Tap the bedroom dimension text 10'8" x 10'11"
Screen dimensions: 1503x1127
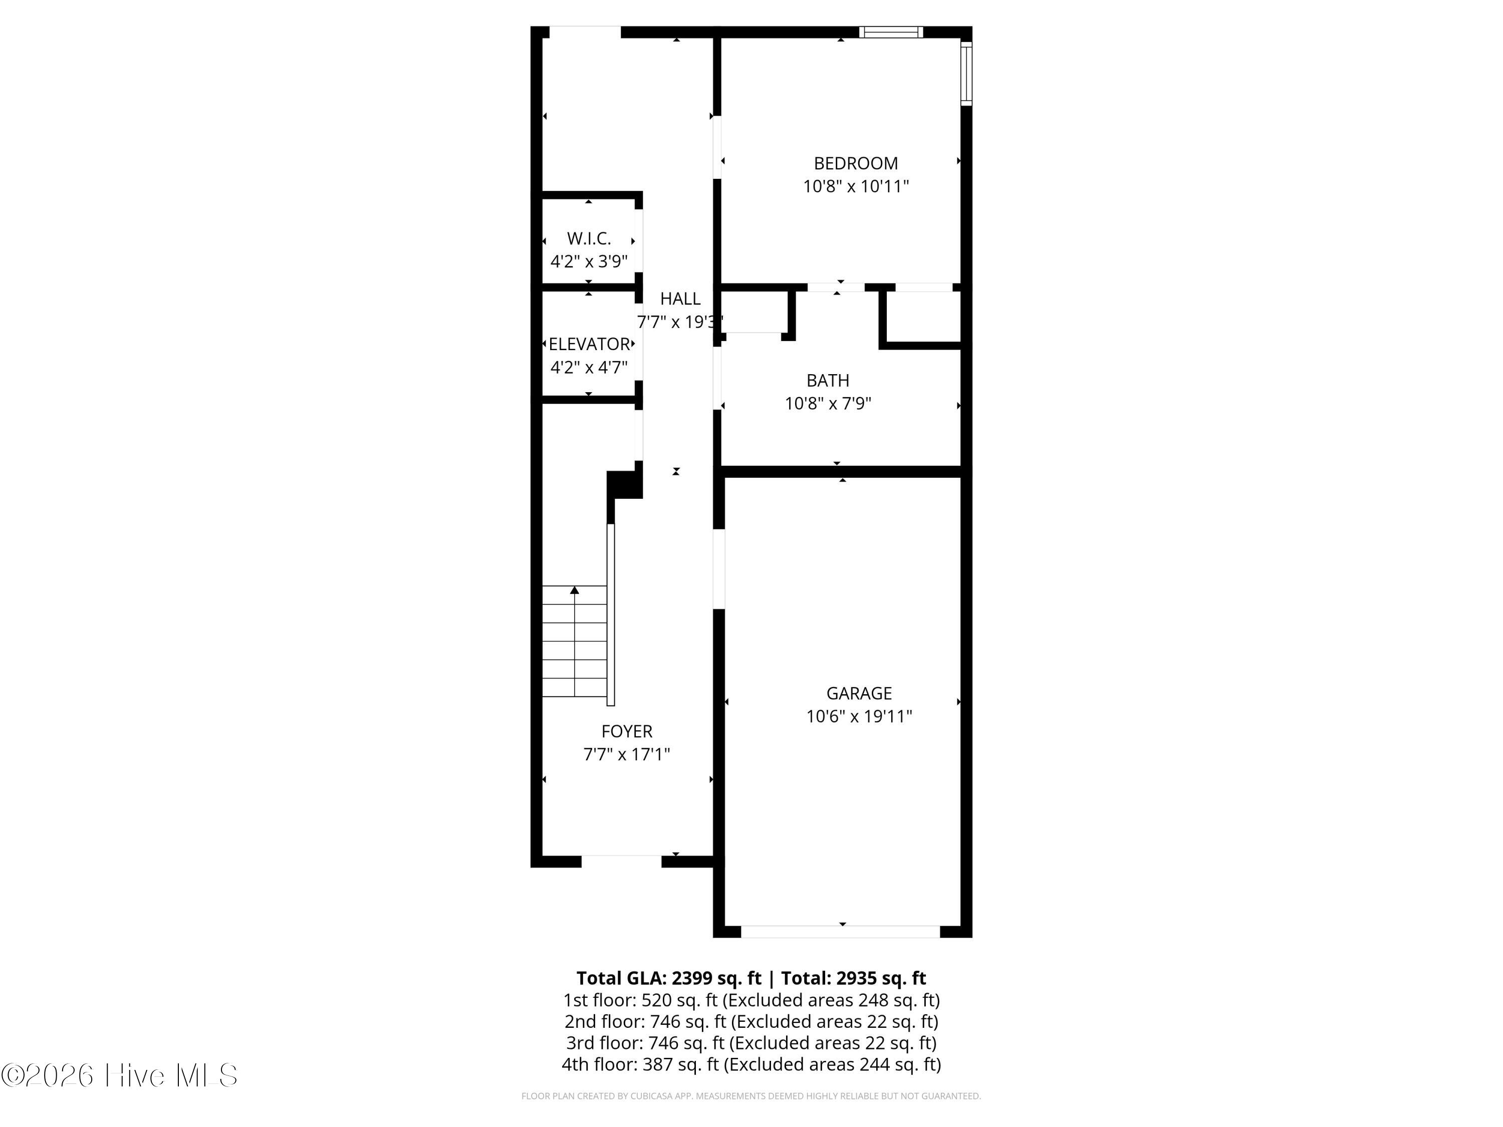[x=856, y=186]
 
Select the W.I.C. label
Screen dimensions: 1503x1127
[x=589, y=238]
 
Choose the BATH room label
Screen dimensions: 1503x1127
[x=828, y=380]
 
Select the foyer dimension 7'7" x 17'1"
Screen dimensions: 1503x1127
[x=626, y=754]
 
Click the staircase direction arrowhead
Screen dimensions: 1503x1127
[x=575, y=590]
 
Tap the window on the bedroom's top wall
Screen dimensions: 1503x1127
[x=891, y=32]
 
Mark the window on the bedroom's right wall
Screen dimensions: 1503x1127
[x=966, y=73]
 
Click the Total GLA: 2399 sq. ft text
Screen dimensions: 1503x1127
[x=669, y=978]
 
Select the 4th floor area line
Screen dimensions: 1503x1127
[x=751, y=1064]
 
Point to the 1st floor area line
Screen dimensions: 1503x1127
[x=751, y=1000]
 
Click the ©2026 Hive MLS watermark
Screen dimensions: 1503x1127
[x=120, y=1075]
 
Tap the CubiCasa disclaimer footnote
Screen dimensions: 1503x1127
[x=751, y=1096]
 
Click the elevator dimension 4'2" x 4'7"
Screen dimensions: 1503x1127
[x=589, y=368]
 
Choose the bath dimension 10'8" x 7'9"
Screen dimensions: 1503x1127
[x=828, y=404]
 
